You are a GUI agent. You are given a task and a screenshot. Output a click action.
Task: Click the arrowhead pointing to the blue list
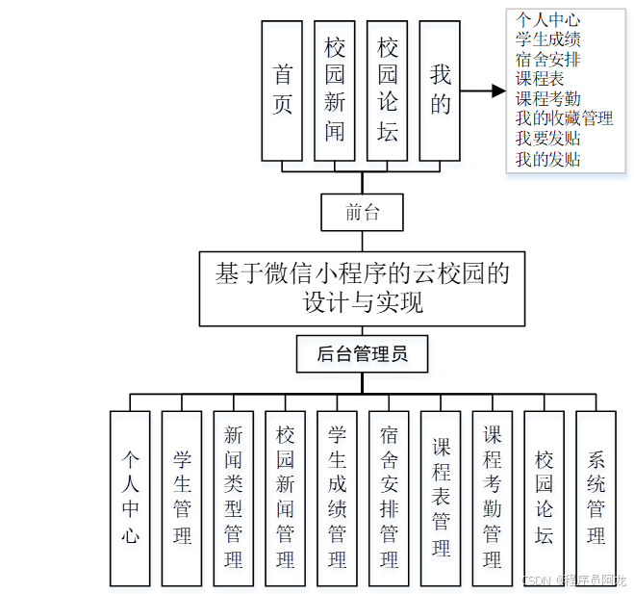pyautogui.click(x=497, y=91)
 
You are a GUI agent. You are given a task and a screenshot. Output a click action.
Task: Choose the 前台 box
pyautogui.click(x=362, y=213)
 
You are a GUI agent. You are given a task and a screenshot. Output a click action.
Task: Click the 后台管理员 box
pyautogui.click(x=362, y=354)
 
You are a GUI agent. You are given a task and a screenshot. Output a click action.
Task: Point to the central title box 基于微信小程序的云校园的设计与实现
pyautogui.click(x=362, y=288)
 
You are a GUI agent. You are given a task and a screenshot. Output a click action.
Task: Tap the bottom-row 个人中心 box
pyautogui.click(x=130, y=498)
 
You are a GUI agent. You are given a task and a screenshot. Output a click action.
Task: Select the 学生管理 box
pyautogui.click(x=182, y=498)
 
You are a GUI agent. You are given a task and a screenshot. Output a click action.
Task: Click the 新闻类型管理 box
pyautogui.click(x=234, y=498)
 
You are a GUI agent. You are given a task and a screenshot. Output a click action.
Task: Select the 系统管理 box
pyautogui.click(x=596, y=498)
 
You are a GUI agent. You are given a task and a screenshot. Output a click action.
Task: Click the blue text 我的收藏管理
pyautogui.click(x=564, y=118)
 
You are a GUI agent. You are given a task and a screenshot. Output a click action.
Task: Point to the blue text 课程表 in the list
pyautogui.click(x=540, y=79)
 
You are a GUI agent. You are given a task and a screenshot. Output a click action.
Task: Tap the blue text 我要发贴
pyautogui.click(x=547, y=139)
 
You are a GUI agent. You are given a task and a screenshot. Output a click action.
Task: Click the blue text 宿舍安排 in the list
pyautogui.click(x=547, y=59)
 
